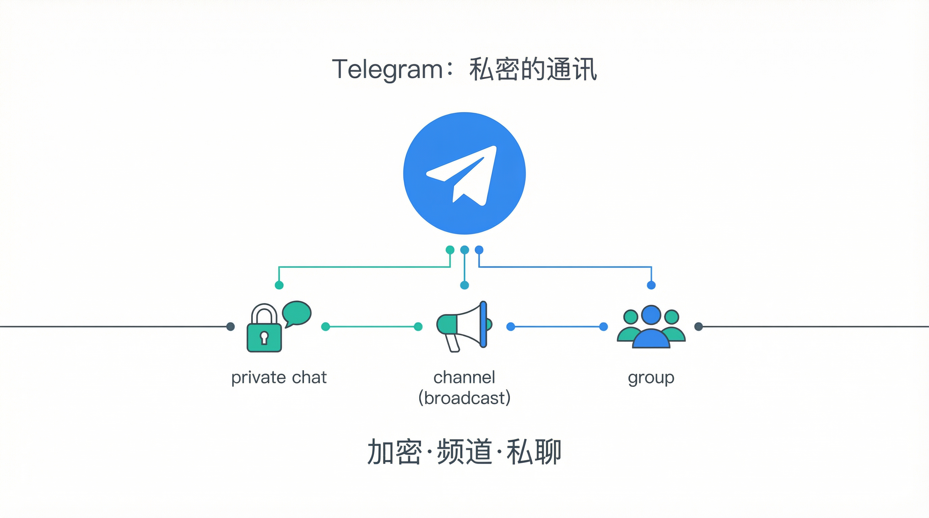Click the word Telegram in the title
[x=387, y=69]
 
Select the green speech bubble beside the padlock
[x=296, y=313]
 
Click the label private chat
[x=279, y=377]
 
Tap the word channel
[x=464, y=377]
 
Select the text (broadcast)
[x=464, y=398]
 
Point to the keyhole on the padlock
[x=264, y=338]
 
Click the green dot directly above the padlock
[x=279, y=285]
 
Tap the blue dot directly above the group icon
[x=651, y=285]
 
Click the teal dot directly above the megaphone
[x=464, y=285]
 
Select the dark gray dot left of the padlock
[x=231, y=327]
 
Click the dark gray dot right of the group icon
[x=698, y=327]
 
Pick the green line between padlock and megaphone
[x=371, y=327]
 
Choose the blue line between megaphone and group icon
[x=557, y=327]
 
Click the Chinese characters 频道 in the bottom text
[x=464, y=452]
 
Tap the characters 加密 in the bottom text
[x=395, y=452]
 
